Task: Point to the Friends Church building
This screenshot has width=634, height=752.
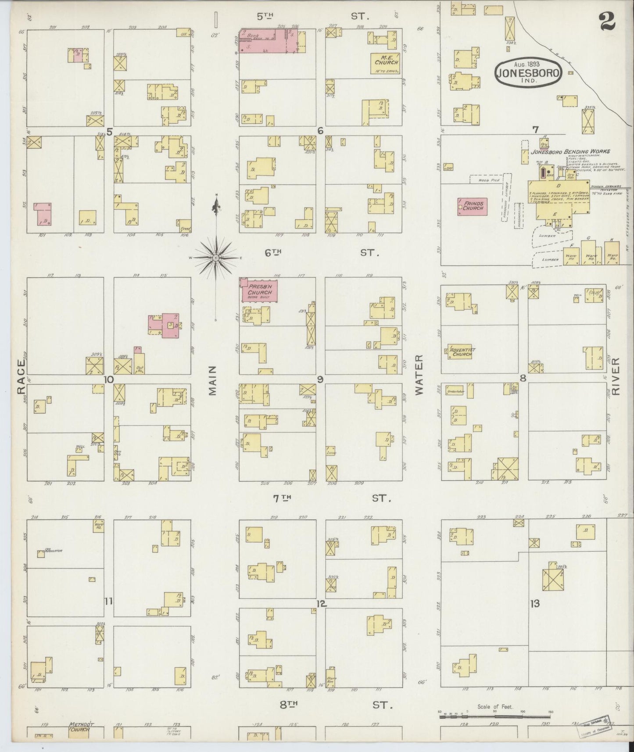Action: pos(472,206)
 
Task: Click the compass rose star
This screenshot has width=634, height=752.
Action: pos(216,258)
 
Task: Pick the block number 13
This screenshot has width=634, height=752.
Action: pos(534,604)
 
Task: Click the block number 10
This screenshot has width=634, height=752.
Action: pos(109,380)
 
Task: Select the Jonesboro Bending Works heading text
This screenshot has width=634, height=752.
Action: pos(570,152)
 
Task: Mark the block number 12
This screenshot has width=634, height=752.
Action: pos(321,604)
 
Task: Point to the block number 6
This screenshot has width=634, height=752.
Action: pos(320,131)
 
